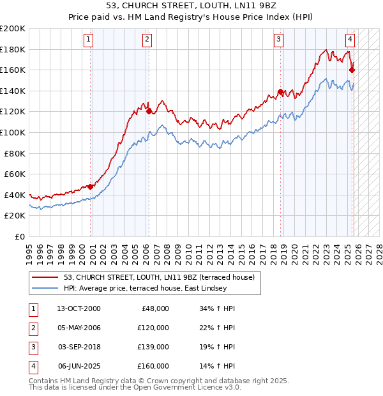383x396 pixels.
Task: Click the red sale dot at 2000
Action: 91,187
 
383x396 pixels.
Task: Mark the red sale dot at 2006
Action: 149,111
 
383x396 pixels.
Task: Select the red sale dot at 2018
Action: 280,92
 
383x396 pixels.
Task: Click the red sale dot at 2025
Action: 352,70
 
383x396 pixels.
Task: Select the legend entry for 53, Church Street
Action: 159,277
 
